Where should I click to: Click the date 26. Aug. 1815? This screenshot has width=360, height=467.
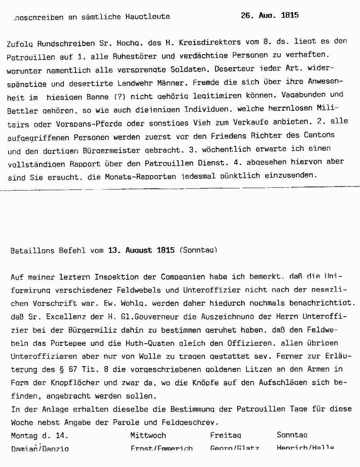(x=270, y=15)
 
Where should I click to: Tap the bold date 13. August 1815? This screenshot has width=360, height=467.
(x=141, y=250)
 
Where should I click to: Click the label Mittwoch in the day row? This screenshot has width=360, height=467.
(x=148, y=435)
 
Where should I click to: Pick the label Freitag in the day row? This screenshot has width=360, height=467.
(x=225, y=435)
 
